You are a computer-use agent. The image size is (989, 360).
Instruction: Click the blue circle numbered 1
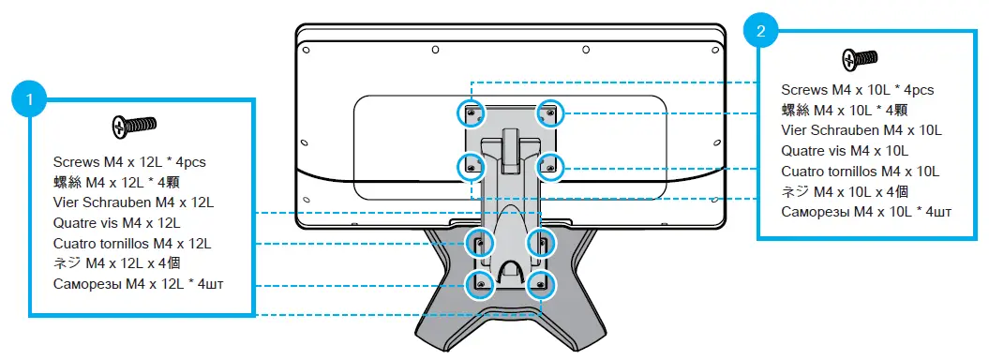(31, 97)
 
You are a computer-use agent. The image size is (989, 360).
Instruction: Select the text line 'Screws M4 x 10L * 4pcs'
(857, 90)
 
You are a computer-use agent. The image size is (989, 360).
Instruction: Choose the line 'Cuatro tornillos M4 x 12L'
(131, 243)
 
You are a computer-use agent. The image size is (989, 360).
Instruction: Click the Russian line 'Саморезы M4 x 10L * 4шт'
(866, 212)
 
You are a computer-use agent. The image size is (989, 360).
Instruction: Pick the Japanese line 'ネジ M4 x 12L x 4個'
(120, 263)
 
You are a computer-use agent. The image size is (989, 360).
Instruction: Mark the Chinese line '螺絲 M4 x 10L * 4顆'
(847, 111)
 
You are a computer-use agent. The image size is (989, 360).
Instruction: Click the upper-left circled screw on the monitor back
(471, 113)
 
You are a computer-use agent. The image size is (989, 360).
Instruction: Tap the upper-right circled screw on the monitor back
(548, 113)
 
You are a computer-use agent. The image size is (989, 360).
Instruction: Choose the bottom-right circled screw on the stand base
(539, 282)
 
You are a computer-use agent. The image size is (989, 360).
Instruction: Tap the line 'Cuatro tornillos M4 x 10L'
(860, 171)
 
